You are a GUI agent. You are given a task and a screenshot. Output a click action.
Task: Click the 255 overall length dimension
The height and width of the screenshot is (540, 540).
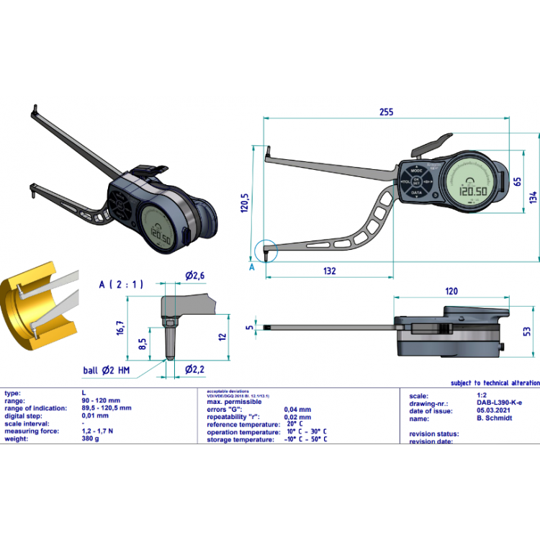(x=387, y=112)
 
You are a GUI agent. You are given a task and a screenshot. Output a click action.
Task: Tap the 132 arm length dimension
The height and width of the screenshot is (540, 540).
(x=330, y=271)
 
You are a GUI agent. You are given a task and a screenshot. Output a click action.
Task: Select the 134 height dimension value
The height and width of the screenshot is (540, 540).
(x=533, y=196)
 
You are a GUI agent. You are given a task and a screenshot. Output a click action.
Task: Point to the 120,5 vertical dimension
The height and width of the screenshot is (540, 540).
(x=245, y=202)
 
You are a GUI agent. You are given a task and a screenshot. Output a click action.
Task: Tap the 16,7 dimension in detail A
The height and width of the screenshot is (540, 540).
(x=121, y=328)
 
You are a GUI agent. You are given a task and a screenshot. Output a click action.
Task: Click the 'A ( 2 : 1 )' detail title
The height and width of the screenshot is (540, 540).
(x=121, y=284)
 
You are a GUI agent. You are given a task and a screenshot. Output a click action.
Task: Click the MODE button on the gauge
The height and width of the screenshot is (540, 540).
(x=416, y=171)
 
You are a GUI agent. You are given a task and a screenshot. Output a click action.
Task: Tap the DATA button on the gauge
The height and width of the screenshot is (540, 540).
(x=416, y=193)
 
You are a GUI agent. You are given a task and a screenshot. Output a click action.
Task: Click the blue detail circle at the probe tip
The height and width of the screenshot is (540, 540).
(x=265, y=250)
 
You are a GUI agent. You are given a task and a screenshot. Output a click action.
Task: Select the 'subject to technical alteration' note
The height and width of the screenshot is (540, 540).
(x=494, y=383)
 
